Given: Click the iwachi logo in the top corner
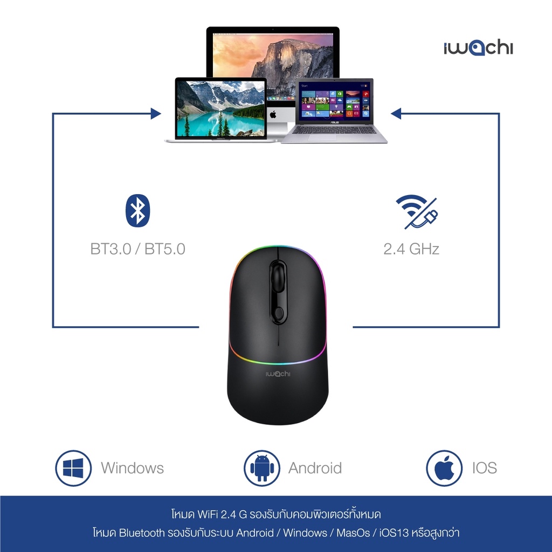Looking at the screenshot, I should [x=478, y=48].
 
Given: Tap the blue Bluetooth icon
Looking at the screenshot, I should [x=137, y=210].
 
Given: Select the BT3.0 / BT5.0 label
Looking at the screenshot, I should [x=137, y=249].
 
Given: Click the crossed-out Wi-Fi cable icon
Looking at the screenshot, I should [x=417, y=211].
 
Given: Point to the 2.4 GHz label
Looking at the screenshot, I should [x=411, y=249].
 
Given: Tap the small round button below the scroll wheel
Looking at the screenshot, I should [x=278, y=313].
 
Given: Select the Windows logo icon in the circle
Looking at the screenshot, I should [x=73, y=468].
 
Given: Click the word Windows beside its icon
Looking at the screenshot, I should [x=132, y=468].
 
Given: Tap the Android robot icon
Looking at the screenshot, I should [x=261, y=468].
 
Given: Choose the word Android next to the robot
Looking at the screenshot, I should [x=315, y=468].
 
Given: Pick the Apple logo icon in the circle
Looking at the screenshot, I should [x=444, y=468].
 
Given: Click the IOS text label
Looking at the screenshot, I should [x=484, y=468].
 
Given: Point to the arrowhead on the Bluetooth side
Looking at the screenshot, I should [x=156, y=114].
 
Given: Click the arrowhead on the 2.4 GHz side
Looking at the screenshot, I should [x=396, y=114].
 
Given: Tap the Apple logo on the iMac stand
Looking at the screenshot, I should [x=273, y=114].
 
